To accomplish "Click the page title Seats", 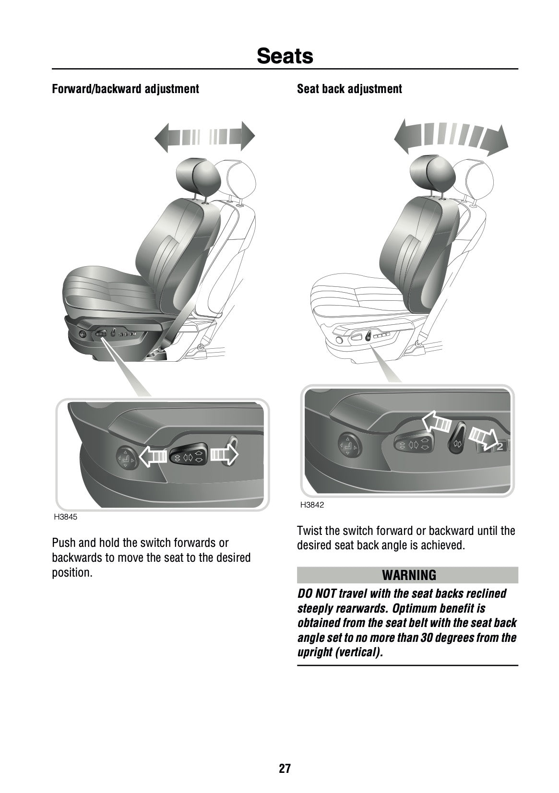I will point(285,56).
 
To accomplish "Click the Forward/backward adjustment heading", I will point(125,89).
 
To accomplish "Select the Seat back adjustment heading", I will point(349,89).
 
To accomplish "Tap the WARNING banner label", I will point(409,575).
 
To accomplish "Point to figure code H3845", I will point(65,518).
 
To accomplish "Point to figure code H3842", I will point(312,505).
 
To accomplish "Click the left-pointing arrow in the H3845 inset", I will point(153,455).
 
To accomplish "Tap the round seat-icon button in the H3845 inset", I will point(127,457).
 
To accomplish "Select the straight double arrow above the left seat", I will point(204,137).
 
